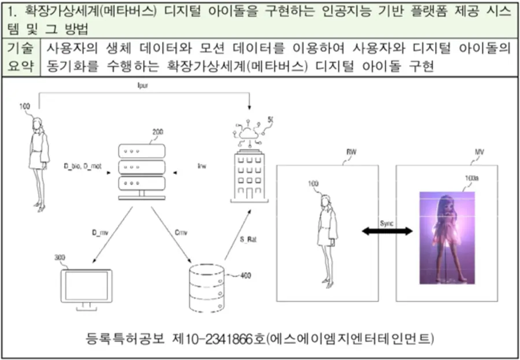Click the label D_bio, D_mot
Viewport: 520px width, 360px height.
tap(83, 166)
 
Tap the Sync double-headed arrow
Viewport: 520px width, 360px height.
tap(387, 231)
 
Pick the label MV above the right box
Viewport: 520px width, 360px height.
tap(479, 152)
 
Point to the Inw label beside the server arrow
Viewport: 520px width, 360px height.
tap(202, 166)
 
